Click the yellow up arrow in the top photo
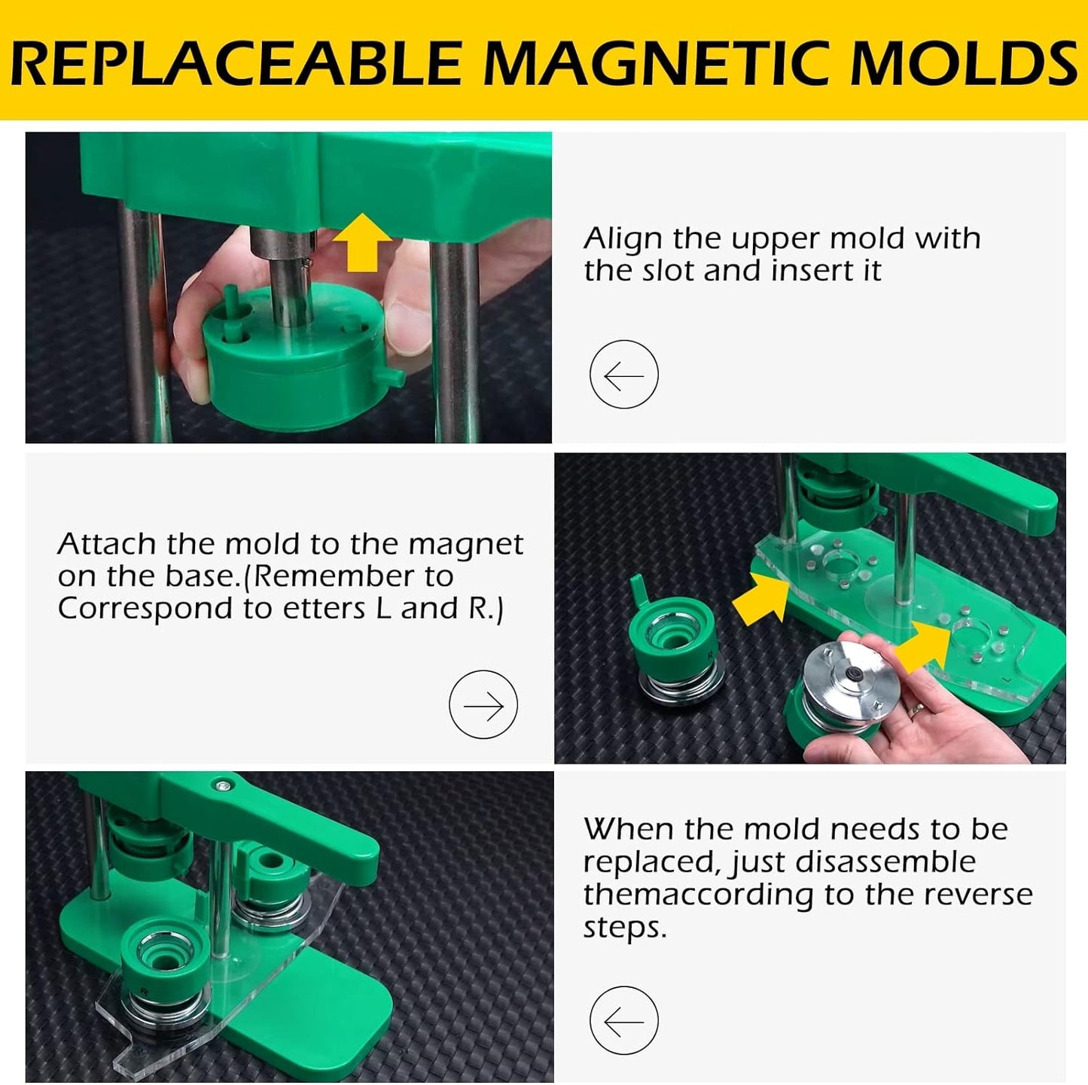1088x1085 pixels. tap(362, 242)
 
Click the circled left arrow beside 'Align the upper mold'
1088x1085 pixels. tap(624, 374)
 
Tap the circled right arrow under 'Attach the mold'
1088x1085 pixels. tap(483, 704)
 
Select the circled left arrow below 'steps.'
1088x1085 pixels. tap(624, 1021)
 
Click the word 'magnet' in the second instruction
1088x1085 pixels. tap(466, 545)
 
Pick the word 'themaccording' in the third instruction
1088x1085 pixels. tap(698, 895)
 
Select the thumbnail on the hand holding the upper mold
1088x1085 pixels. tap(408, 330)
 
